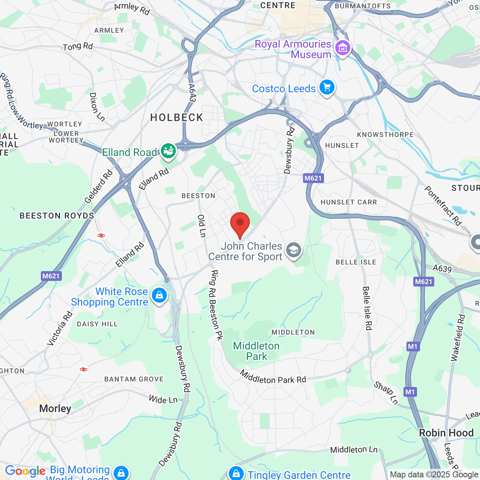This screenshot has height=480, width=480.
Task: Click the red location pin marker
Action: [x=240, y=224]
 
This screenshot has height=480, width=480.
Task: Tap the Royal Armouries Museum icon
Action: [x=342, y=48]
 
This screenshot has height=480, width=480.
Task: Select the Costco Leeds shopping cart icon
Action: [x=327, y=88]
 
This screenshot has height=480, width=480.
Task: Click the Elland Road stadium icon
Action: [x=168, y=151]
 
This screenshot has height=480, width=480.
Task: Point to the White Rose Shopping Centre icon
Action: [x=159, y=295]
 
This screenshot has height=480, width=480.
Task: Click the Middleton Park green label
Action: [x=256, y=351]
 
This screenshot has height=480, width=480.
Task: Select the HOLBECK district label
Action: [x=177, y=118]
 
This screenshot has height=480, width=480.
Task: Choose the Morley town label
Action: [x=55, y=408]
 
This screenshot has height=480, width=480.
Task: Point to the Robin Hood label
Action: [x=446, y=433]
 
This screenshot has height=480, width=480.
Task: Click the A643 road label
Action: [x=192, y=93]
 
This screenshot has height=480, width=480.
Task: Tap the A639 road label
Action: [x=442, y=268]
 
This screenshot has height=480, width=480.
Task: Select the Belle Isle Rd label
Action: [x=367, y=308]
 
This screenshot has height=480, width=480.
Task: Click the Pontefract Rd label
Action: [x=443, y=205]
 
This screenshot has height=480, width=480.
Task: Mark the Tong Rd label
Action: [x=78, y=46]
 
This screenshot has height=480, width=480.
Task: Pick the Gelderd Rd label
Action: [x=98, y=187]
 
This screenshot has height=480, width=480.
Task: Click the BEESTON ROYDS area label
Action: [x=57, y=216]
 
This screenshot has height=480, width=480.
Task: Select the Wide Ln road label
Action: [x=163, y=399]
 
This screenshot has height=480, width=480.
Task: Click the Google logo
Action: [x=25, y=471]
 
